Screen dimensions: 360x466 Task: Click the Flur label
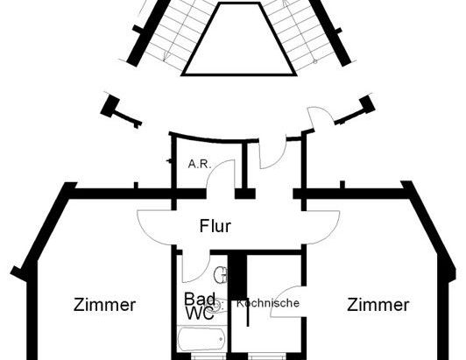215,227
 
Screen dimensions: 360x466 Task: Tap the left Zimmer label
104,305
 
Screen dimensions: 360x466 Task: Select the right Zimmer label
378,305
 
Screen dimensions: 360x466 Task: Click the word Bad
199,299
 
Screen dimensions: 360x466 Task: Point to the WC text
199,314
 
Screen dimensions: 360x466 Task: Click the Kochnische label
268,303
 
